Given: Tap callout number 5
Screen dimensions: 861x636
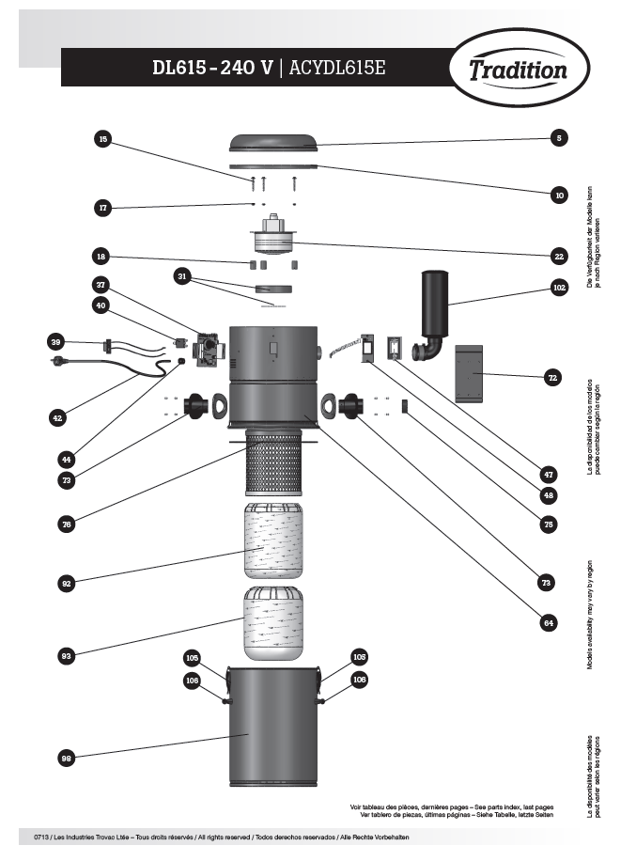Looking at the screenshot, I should pos(559,138).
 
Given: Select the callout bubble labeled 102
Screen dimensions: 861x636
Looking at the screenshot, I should pos(560,287).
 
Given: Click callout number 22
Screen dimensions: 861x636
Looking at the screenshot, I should pos(559,255).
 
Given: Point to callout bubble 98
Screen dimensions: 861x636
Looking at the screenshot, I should pos(66,758).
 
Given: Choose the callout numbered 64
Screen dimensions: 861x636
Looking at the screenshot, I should pos(548,621).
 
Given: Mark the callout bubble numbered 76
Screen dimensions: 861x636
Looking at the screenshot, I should pos(66,525).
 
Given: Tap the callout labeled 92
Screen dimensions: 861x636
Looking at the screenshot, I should pos(66,583).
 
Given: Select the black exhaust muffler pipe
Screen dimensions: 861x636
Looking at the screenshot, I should pos(434,315).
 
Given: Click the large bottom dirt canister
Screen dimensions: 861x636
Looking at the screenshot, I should pos(273,726).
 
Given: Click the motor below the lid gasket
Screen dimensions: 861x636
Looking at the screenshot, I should pos(273,238).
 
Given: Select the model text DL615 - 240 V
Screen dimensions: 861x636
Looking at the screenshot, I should pos(213,68).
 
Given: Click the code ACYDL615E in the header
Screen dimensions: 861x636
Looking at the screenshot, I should pos(338,68).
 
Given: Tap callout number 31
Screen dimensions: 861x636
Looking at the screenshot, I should pos(182,275).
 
